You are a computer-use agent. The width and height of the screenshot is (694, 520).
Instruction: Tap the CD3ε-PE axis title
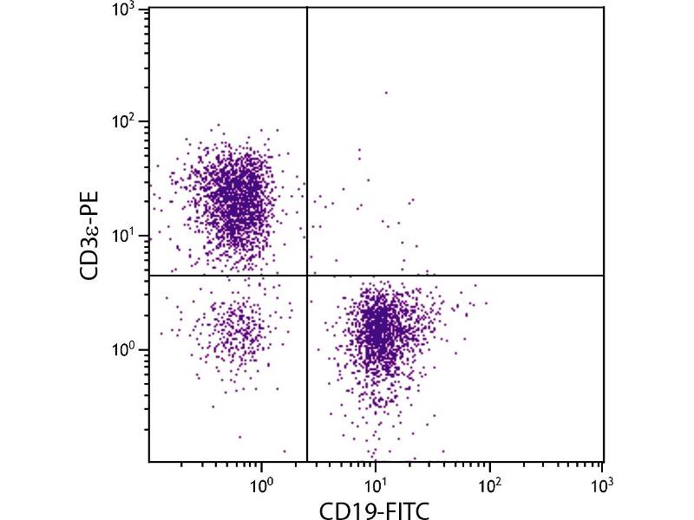tap(89, 236)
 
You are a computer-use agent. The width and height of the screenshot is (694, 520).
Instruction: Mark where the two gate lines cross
tap(307, 276)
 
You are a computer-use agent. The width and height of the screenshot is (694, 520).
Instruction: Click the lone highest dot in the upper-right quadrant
tap(386, 92)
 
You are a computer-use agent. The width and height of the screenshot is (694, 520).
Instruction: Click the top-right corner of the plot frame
tap(603, 8)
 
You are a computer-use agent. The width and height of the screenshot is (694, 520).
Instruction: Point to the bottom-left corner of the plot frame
tap(149, 462)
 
